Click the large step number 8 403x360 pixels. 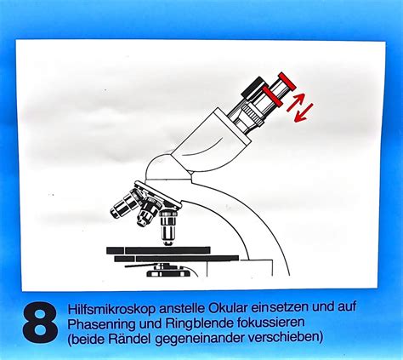pos(40,322)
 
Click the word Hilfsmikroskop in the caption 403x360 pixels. pos(111,308)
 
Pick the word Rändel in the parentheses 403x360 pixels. pos(131,338)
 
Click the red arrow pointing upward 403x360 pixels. pos(295,102)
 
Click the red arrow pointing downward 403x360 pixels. pos(304,113)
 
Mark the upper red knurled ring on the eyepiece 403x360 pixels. pos(287,80)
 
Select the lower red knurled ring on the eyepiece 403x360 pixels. pos(272,96)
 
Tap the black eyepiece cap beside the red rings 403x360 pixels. pos(255,89)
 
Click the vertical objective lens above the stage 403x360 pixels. pos(168,227)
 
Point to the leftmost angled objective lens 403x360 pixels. pos(124,205)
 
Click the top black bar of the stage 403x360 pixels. pos(158,250)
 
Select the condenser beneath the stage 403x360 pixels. pos(167,271)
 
